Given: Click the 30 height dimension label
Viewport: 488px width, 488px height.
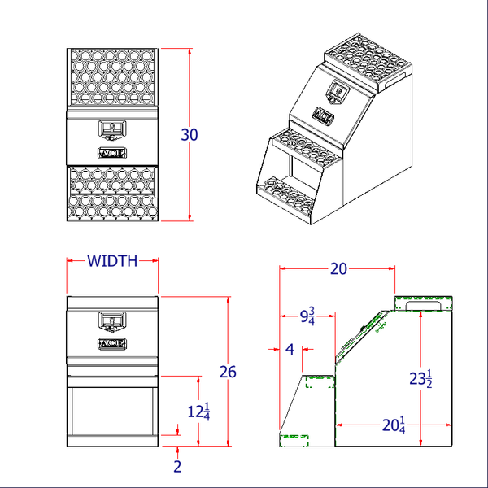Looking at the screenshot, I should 189,135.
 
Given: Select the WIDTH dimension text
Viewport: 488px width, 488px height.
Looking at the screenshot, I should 112,261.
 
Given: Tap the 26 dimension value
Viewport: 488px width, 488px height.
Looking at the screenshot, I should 228,372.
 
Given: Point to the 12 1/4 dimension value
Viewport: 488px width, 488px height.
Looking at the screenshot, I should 199,412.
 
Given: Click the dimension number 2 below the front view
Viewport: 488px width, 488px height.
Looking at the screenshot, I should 178,466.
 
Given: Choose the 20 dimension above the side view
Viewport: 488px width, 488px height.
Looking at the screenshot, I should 338,269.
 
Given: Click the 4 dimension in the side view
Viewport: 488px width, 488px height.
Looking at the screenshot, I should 290,350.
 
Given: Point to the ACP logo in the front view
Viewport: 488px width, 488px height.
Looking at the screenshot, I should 111,344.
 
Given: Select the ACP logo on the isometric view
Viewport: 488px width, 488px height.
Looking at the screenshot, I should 324,115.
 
